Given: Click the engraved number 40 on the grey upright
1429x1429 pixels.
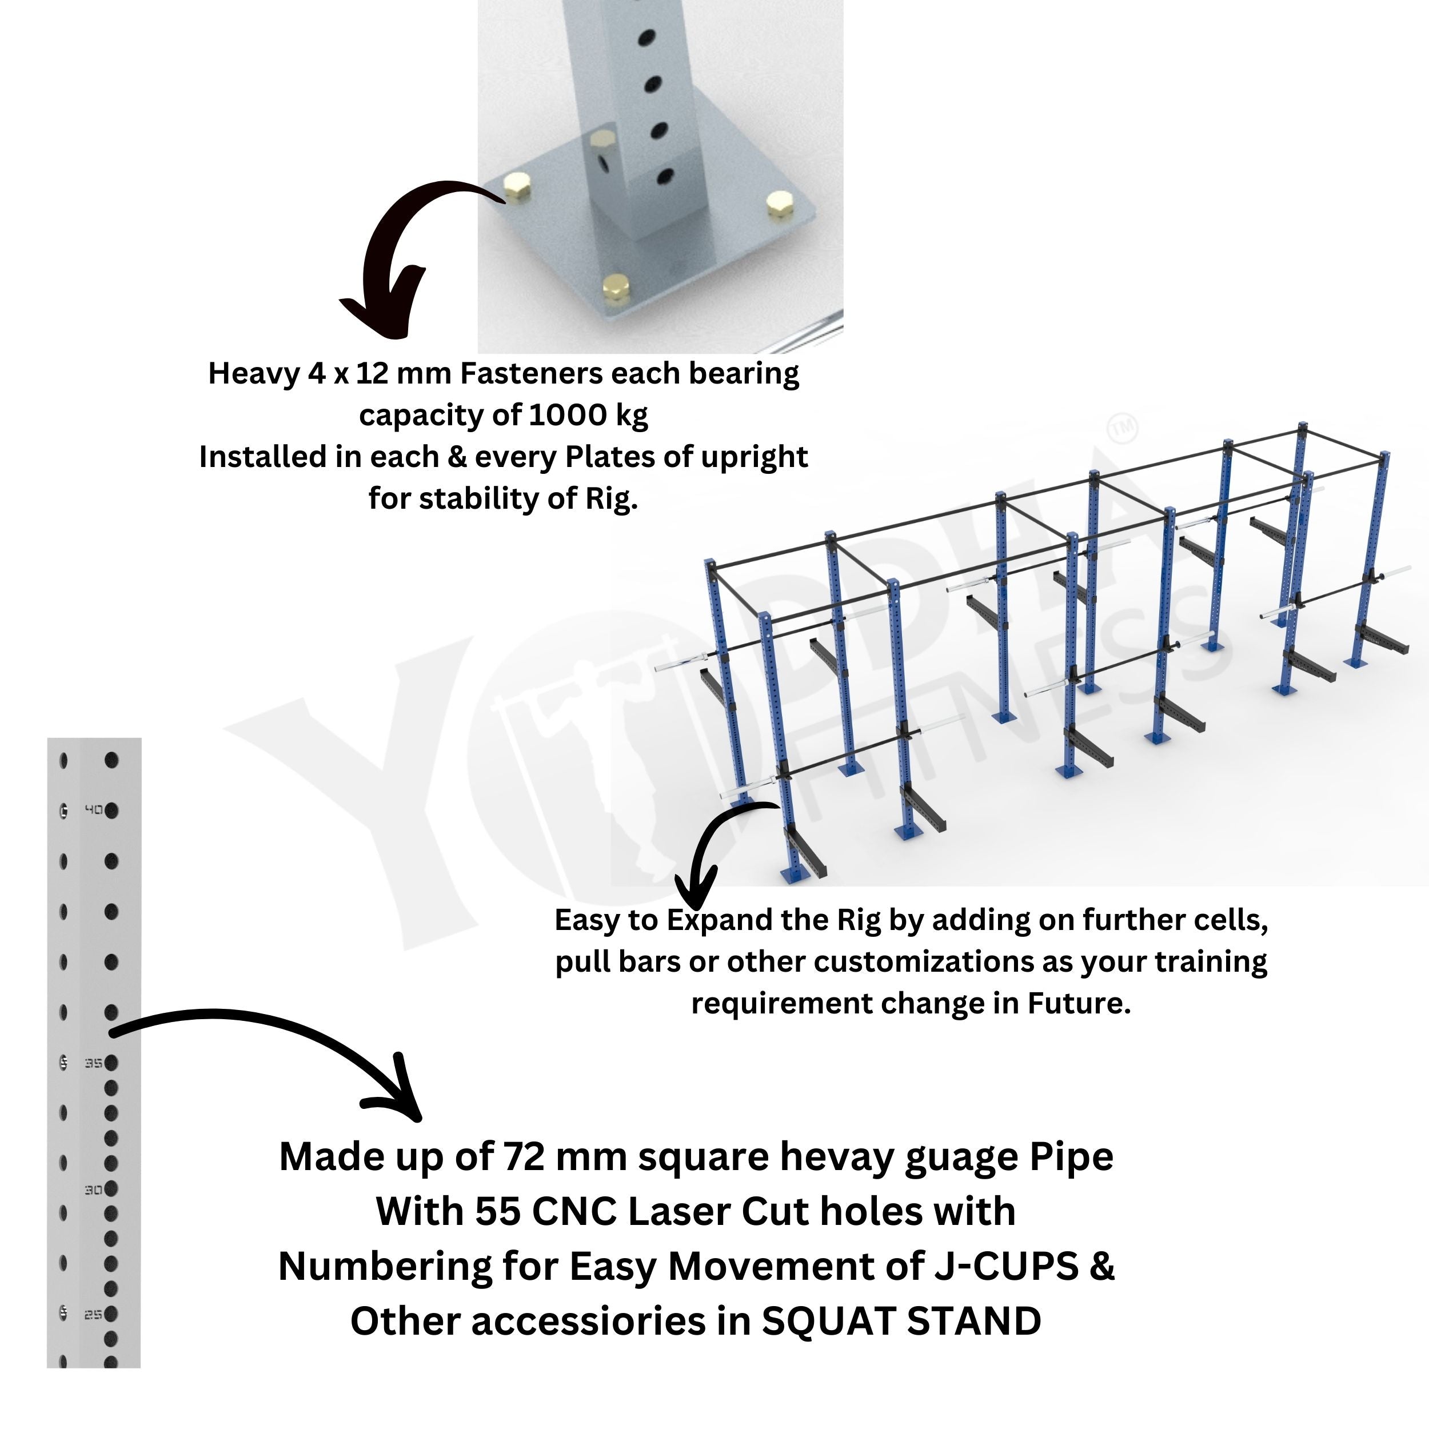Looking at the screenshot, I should click(x=93, y=810).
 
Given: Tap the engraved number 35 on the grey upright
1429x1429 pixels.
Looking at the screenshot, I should click(x=93, y=1063).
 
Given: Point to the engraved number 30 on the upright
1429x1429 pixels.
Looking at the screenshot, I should click(x=93, y=1190).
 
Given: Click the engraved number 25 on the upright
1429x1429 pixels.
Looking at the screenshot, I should click(x=93, y=1314).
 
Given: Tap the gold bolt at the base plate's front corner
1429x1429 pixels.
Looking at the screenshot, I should click(x=616, y=287).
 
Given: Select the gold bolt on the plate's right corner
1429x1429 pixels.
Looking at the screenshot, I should click(x=779, y=203).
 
